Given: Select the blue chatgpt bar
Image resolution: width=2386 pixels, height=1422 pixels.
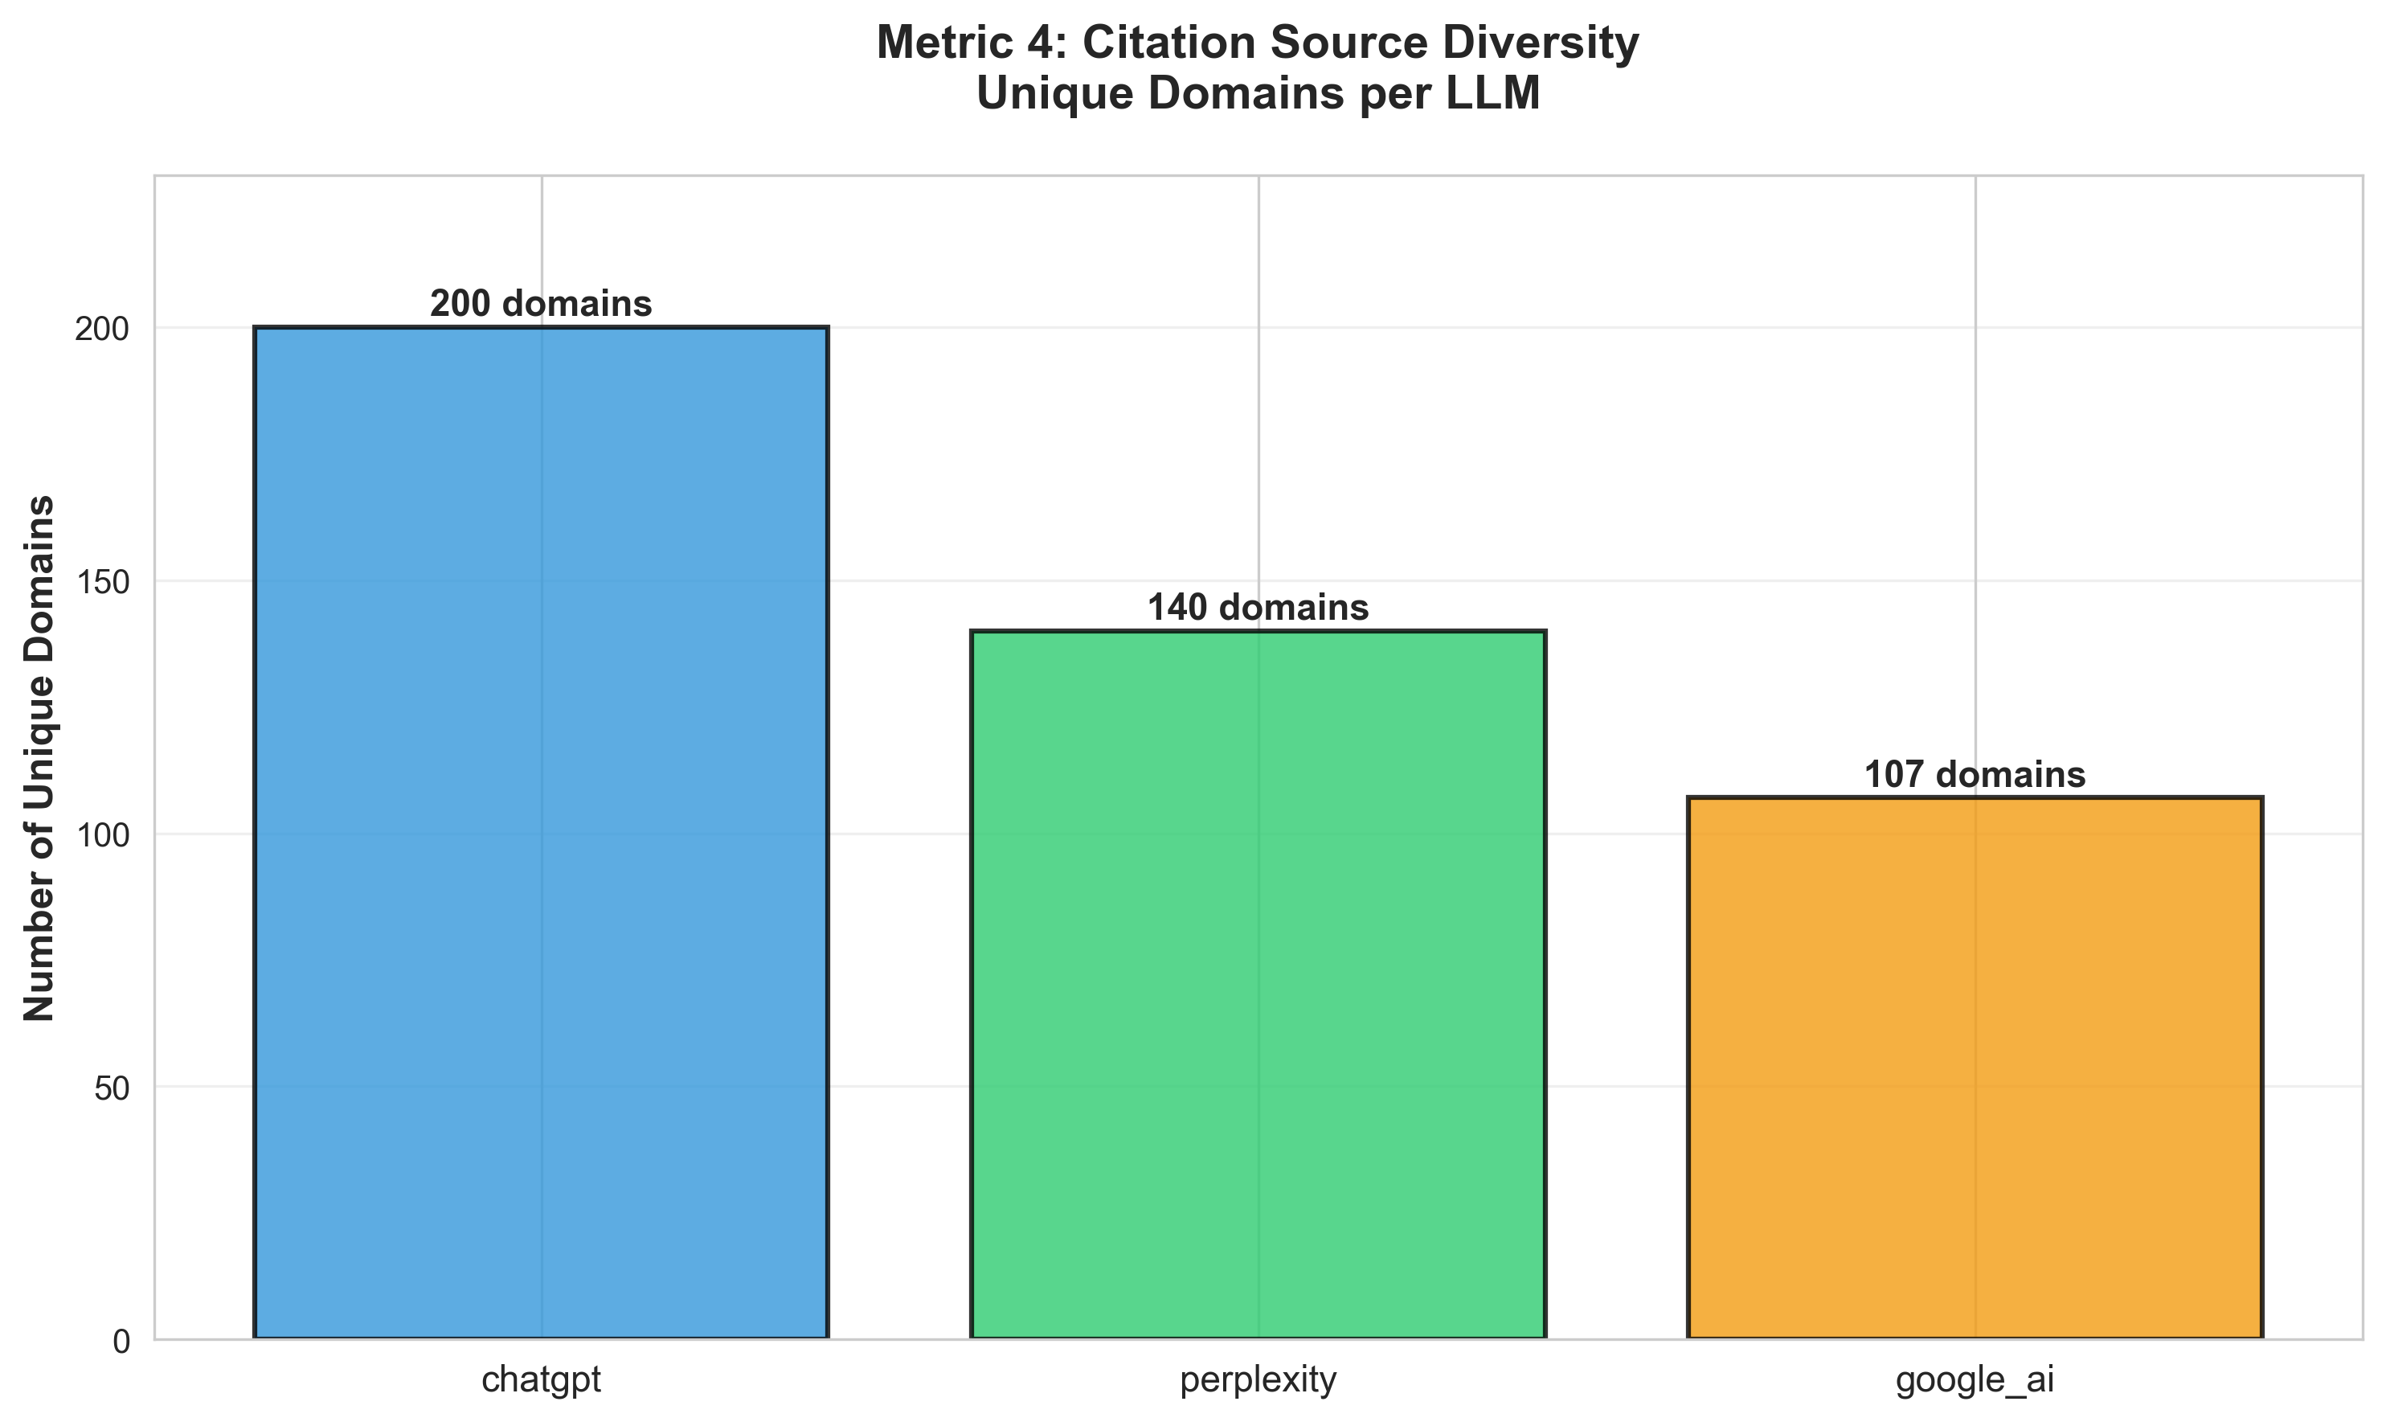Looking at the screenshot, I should click(x=541, y=834).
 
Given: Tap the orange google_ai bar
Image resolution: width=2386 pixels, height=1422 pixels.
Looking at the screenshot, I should click(x=1974, y=1068).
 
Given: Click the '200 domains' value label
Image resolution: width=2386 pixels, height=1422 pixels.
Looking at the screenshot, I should click(x=541, y=305).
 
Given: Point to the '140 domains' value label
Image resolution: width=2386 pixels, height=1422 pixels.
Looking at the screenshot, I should click(x=1258, y=609).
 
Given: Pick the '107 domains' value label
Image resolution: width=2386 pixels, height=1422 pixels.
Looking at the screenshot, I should click(x=1974, y=775).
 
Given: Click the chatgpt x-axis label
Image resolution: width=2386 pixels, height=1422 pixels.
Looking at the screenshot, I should click(x=541, y=1381).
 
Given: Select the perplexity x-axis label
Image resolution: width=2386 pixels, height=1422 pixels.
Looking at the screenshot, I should click(x=1258, y=1381).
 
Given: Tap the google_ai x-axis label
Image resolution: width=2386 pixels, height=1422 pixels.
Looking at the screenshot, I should click(x=1974, y=1381).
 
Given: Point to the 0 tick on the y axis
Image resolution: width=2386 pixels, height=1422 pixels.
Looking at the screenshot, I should click(x=121, y=1342).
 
